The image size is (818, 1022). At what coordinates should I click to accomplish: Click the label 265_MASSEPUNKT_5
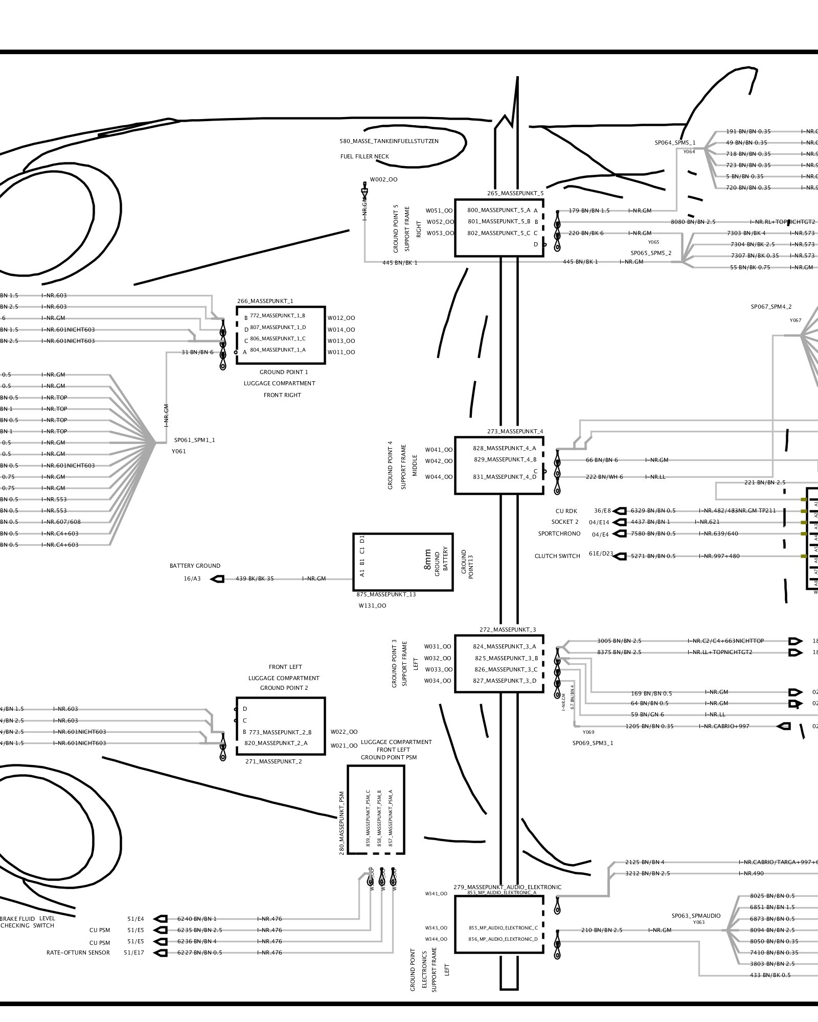coord(515,194)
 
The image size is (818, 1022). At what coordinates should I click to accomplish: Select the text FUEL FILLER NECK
coord(365,156)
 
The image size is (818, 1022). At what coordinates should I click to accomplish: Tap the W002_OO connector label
coord(383,180)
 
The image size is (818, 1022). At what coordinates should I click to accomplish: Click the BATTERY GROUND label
coord(195,566)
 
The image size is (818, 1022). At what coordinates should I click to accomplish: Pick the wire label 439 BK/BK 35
coord(255,579)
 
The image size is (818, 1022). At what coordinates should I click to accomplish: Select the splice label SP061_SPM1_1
coord(194,440)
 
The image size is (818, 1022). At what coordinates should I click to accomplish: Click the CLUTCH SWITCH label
coord(557,556)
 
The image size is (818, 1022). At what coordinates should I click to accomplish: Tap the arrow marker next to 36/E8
coord(620,511)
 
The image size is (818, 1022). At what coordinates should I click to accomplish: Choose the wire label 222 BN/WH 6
coord(604,477)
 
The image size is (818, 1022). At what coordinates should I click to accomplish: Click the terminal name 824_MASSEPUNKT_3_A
coord(505,646)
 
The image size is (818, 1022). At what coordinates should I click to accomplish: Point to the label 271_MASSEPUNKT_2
coord(274,761)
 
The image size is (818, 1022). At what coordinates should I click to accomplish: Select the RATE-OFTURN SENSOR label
coord(78,953)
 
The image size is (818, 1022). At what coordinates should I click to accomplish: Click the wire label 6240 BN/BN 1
coord(197,919)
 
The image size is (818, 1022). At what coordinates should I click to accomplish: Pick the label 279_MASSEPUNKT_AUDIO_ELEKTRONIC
coord(507,887)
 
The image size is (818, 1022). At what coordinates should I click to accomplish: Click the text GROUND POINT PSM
coord(389,757)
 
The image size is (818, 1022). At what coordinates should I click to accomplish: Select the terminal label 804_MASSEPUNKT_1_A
coord(278,350)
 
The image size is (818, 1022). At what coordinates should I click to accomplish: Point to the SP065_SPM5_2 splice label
coord(651,253)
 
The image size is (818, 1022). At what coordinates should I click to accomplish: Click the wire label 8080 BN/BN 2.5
coord(693,222)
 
